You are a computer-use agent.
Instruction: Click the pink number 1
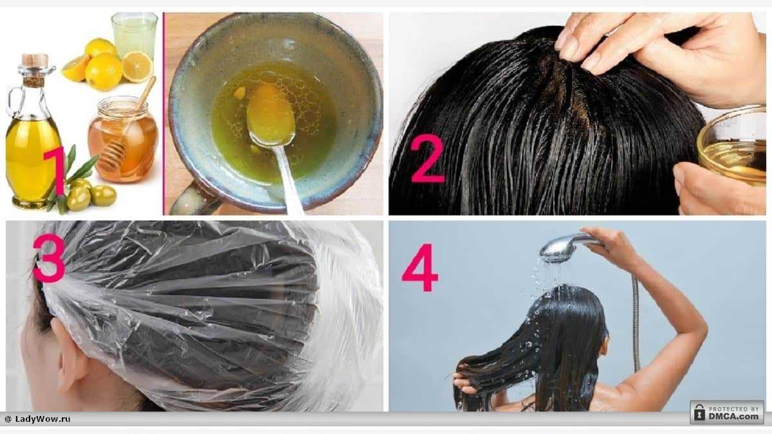[55, 170]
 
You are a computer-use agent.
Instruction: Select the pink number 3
[49, 258]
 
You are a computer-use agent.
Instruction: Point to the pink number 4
[419, 267]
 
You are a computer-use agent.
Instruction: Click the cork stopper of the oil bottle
[34, 61]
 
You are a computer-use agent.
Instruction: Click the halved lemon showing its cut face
[137, 66]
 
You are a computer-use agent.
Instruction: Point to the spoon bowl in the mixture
[271, 114]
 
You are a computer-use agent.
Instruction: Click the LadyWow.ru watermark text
[38, 419]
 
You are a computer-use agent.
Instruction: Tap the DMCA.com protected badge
[727, 412]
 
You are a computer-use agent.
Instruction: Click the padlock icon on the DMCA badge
[699, 413]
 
